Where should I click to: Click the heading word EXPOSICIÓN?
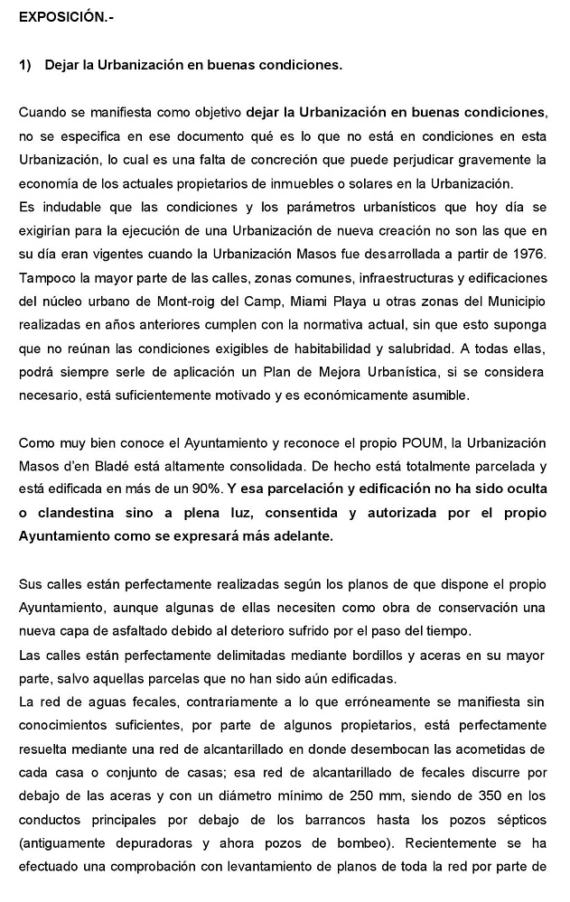55,18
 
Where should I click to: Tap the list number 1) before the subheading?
24,66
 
